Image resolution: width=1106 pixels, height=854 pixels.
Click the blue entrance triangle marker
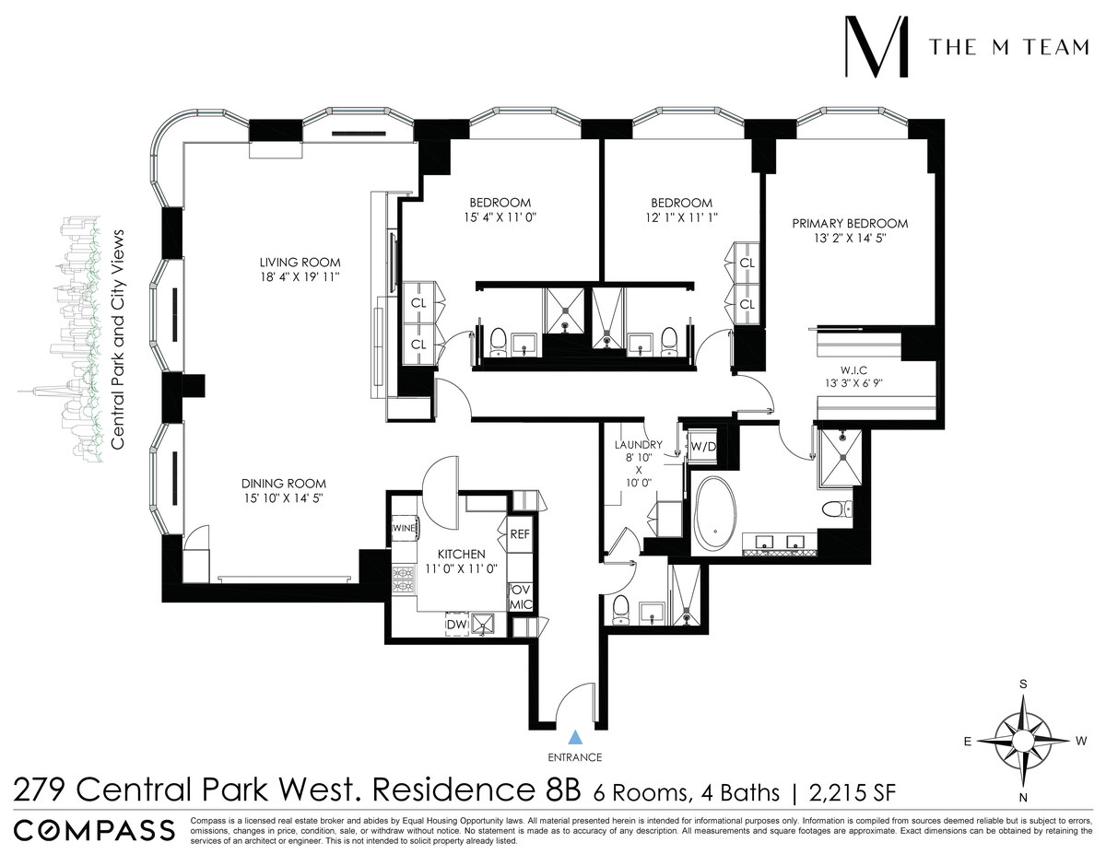point(576,736)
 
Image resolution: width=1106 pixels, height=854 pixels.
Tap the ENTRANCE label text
point(576,757)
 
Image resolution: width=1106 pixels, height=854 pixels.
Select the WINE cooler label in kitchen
point(405,528)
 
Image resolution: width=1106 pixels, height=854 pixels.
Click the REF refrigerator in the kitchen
point(519,533)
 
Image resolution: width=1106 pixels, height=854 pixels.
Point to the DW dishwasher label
point(456,626)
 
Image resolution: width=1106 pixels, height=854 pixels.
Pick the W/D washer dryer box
point(703,446)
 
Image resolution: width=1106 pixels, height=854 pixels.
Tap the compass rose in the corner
point(1021,740)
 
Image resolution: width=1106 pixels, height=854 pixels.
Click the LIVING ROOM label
point(300,263)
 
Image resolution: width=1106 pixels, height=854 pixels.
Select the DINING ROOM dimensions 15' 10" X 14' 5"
point(284,498)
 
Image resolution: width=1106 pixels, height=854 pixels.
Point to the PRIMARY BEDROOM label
point(850,224)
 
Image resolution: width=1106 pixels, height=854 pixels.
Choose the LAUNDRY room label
point(638,444)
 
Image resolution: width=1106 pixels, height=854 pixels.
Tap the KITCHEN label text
point(461,554)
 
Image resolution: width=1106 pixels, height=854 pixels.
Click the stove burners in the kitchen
point(404,579)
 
